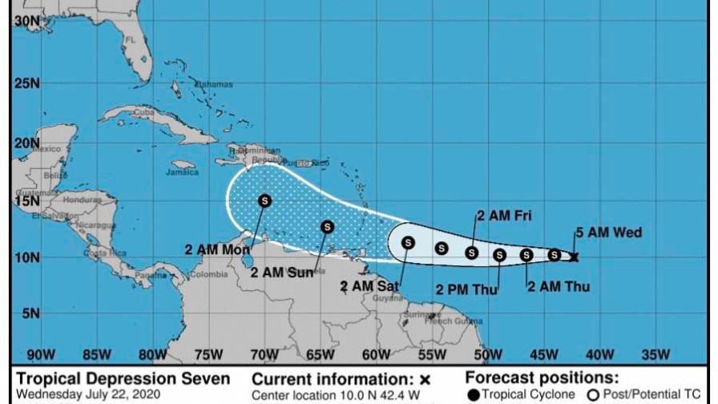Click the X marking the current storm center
[574, 257]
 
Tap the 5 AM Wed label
[608, 233]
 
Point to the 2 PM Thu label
[467, 289]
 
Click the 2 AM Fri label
[504, 215]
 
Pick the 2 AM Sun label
[282, 273]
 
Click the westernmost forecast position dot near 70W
[264, 200]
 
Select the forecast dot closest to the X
[554, 255]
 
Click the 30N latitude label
[26, 22]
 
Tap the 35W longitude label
[655, 354]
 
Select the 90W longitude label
[40, 354]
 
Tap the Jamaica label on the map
[182, 172]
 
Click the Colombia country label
[208, 275]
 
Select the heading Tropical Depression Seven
[123, 378]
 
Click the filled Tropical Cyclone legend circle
[474, 394]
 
